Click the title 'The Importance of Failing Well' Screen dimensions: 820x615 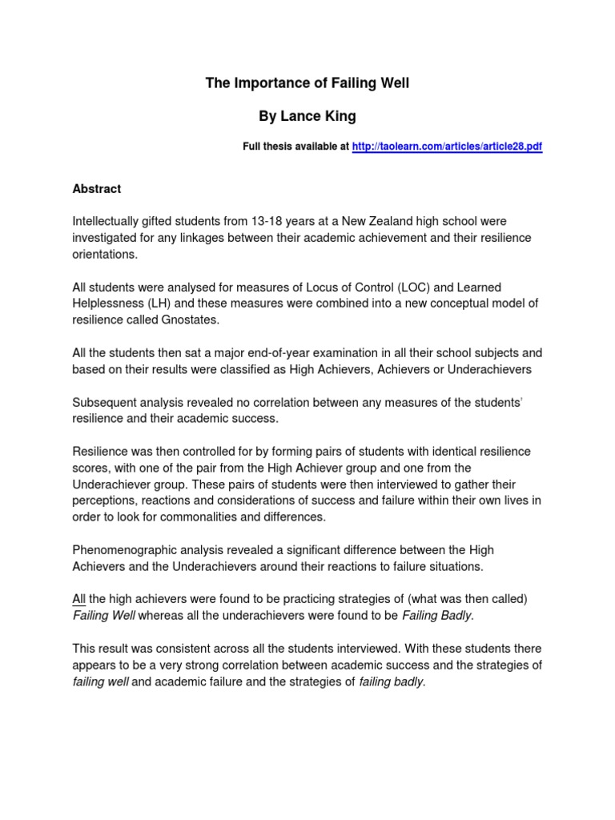pyautogui.click(x=307, y=83)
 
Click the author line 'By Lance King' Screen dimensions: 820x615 pyautogui.click(x=307, y=117)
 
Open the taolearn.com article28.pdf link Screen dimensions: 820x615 pyautogui.click(x=447, y=148)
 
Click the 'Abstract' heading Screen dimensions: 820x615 pyautogui.click(x=97, y=189)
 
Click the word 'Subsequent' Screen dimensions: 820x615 pyautogui.click(x=105, y=402)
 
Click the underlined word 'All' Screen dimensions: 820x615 pyautogui.click(x=79, y=600)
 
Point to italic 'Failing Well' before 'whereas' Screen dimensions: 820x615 pyautogui.click(x=104, y=616)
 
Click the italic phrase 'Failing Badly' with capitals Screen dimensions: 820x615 pyautogui.click(x=437, y=616)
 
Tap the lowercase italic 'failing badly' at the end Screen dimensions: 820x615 pyautogui.click(x=392, y=682)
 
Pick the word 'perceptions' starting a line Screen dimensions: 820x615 pyautogui.click(x=105, y=500)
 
